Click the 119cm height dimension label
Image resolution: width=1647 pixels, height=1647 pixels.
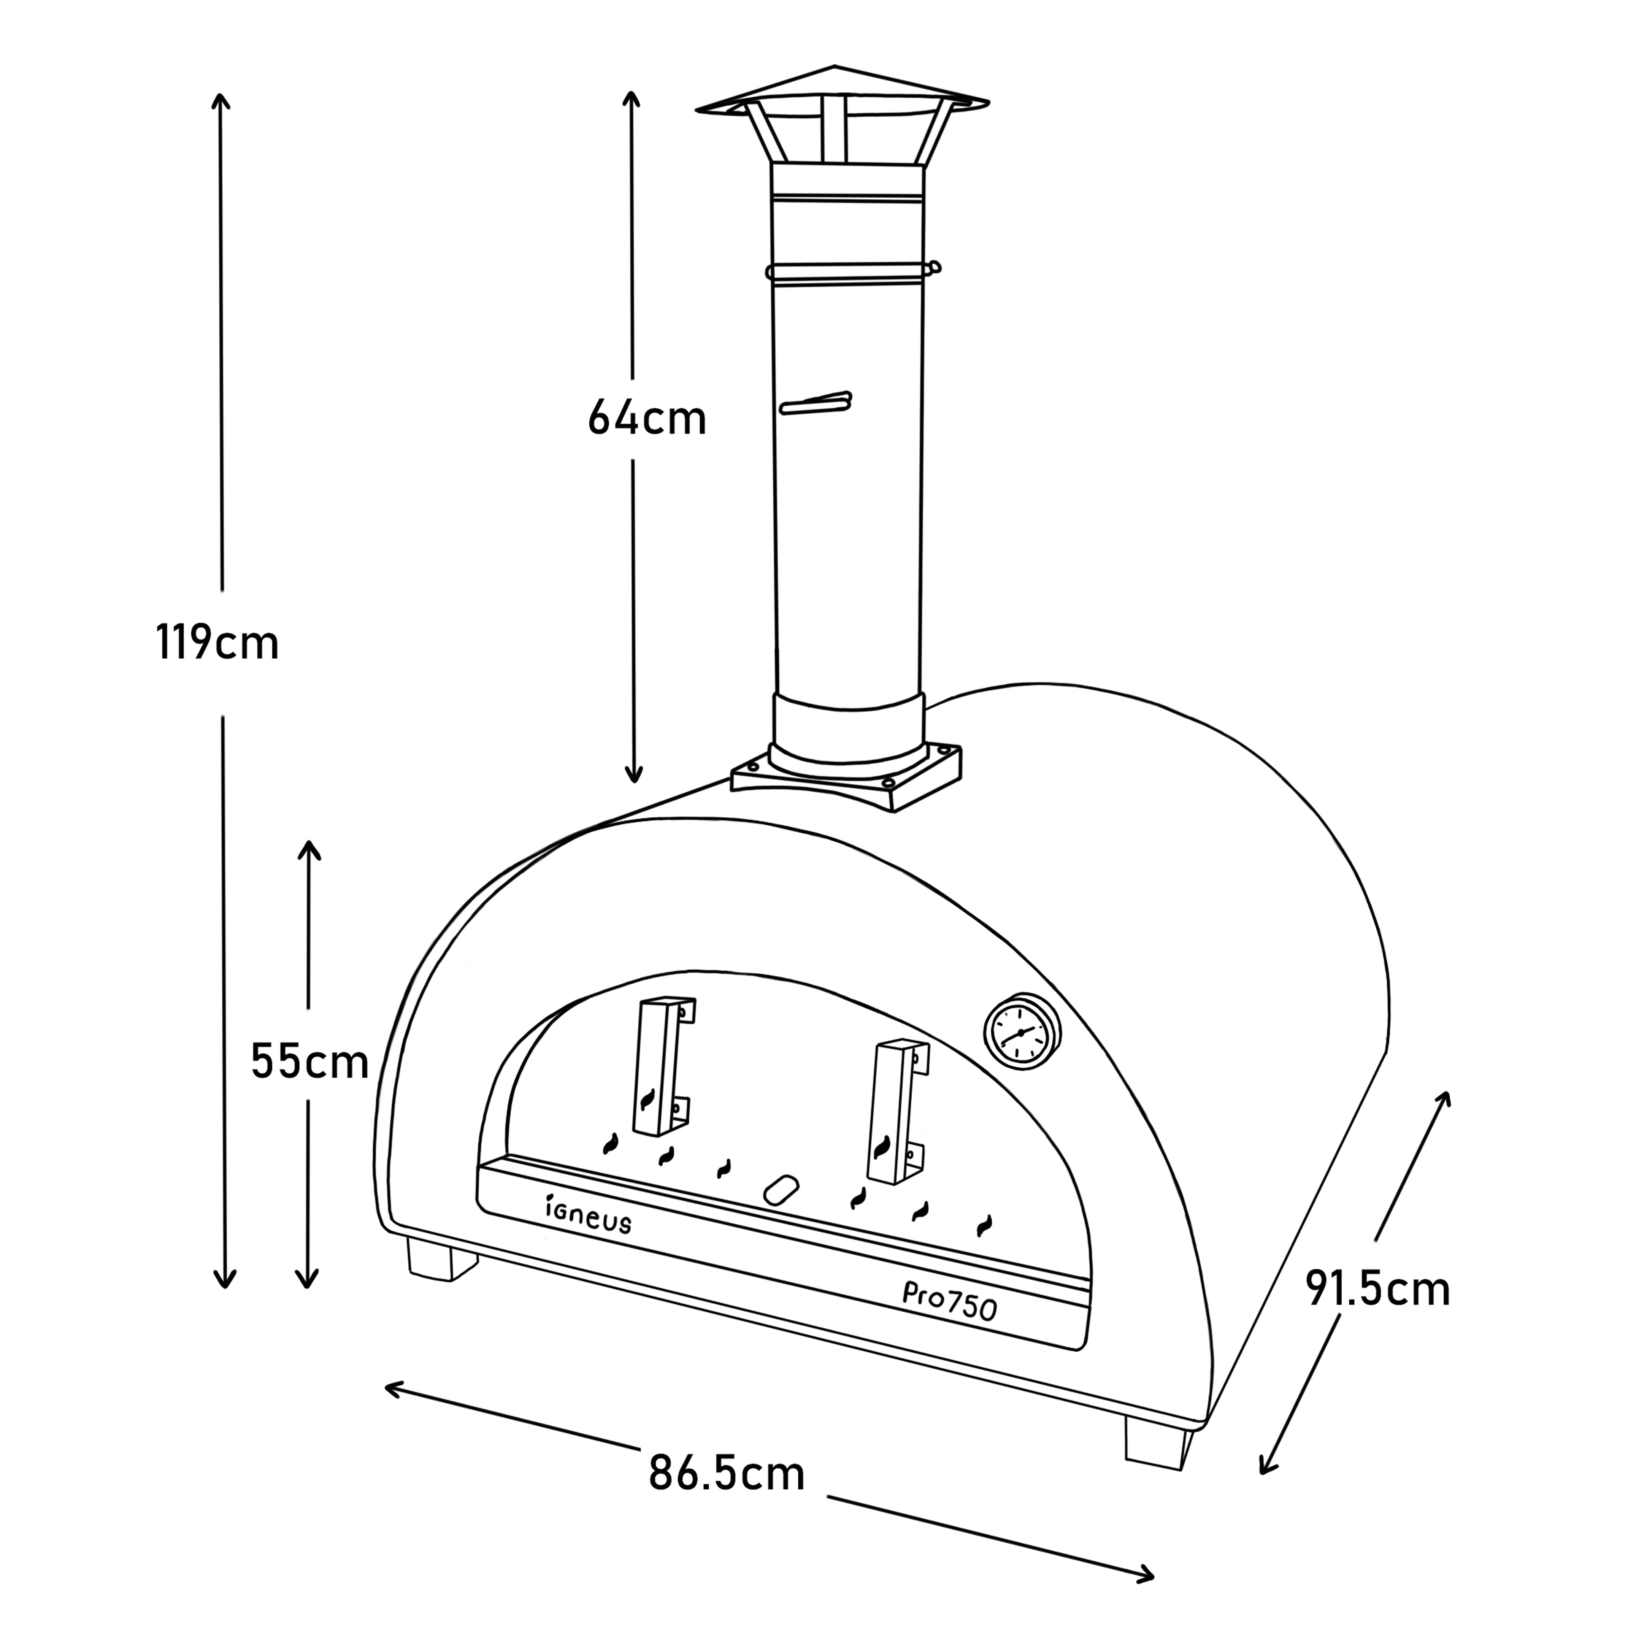pos(217,643)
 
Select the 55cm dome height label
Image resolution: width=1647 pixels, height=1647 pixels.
pos(309,1062)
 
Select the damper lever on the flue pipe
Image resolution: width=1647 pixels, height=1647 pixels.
pos(816,402)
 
